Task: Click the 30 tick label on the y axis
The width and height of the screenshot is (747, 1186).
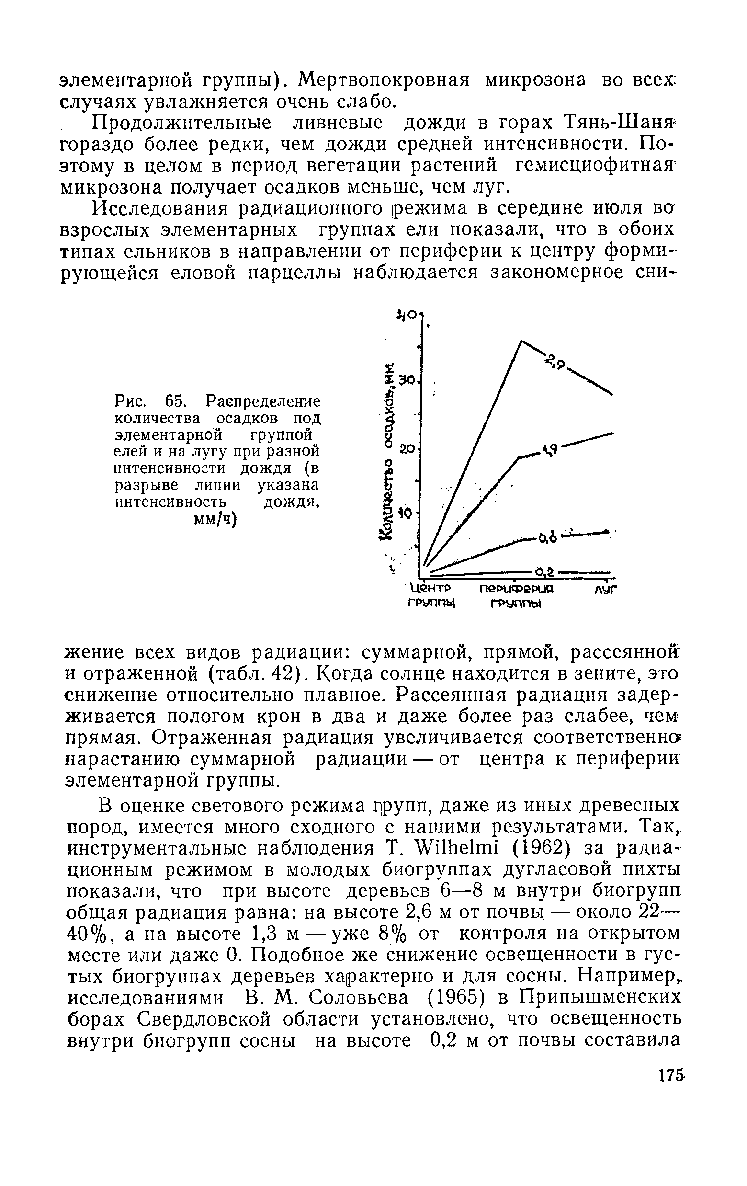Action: [x=407, y=381]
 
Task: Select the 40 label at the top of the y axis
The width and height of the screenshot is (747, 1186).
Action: [x=407, y=314]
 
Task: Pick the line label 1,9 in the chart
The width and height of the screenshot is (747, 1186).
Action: [x=549, y=449]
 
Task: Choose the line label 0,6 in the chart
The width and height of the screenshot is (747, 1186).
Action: [x=546, y=538]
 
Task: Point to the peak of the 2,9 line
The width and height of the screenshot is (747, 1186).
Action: [x=521, y=341]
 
